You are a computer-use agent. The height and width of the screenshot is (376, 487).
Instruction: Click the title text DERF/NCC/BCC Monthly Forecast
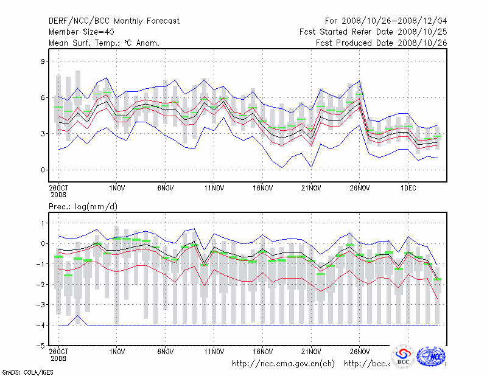(114, 21)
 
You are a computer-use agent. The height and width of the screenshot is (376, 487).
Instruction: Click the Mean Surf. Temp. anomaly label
(104, 43)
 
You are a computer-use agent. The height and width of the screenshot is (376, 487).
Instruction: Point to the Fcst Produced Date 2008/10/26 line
(381, 43)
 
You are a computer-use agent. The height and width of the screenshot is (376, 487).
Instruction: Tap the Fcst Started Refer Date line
(373, 32)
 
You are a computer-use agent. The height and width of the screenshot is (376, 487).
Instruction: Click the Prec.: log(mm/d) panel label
(83, 207)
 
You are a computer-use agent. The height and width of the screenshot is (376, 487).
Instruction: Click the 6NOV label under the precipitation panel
(166, 351)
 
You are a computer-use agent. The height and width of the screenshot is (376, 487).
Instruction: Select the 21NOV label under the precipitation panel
(311, 351)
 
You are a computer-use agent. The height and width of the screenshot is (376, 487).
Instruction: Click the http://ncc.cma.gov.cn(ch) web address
(284, 364)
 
